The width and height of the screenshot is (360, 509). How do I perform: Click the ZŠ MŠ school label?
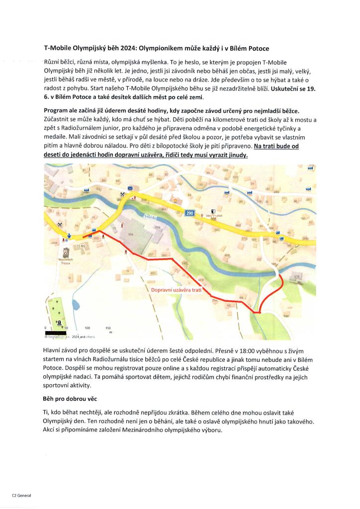tap(81, 246)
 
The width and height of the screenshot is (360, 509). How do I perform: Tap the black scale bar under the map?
tap(59, 333)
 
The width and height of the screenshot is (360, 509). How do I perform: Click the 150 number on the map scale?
tap(108, 328)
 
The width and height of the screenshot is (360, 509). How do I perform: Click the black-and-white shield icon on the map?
tap(213, 211)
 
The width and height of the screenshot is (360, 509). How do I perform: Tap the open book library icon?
tap(213, 217)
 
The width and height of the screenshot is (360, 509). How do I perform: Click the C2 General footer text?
tap(21, 496)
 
